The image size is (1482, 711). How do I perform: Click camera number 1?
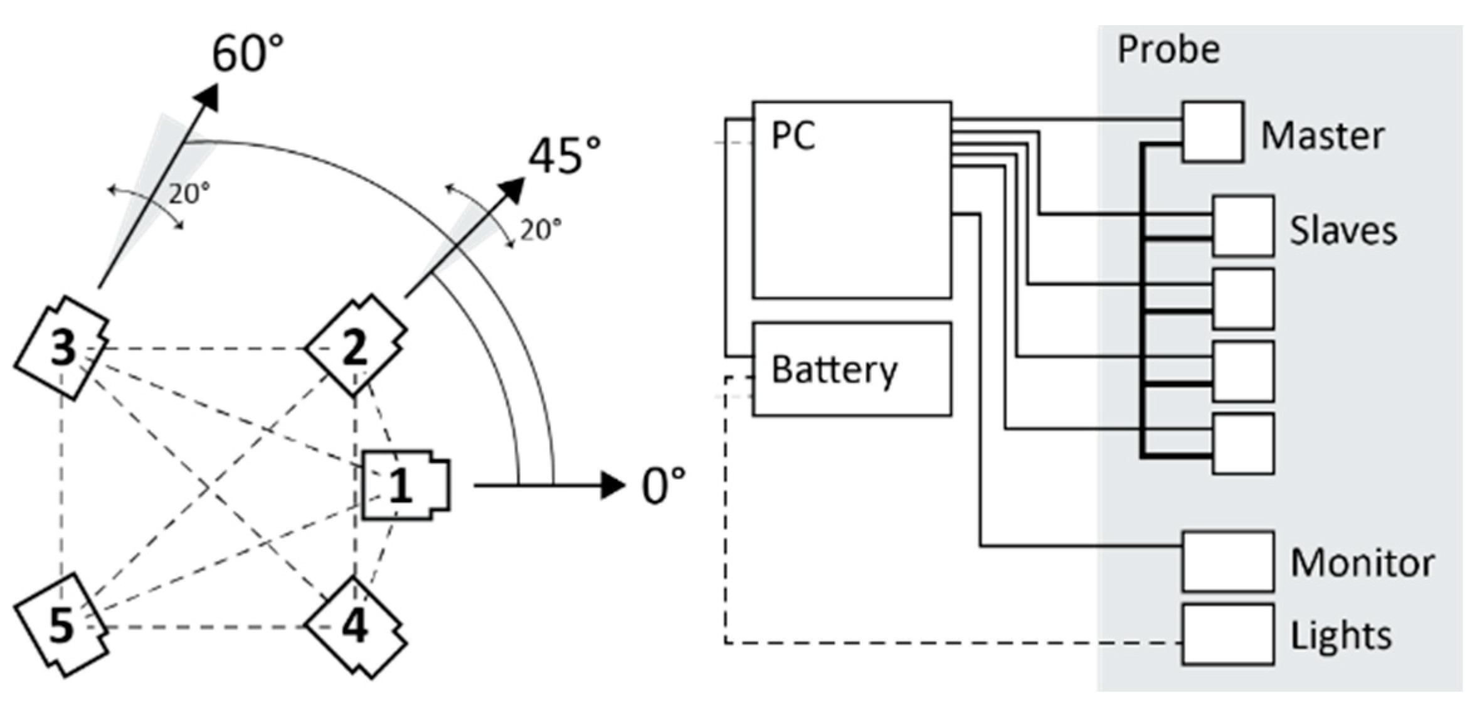coord(405,485)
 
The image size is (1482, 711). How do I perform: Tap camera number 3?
coord(62,349)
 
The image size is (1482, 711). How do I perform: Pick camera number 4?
coord(355,626)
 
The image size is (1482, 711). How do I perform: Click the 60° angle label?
coord(248,54)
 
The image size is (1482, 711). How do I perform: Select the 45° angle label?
coord(564,156)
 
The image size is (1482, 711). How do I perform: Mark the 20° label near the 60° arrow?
coord(189,194)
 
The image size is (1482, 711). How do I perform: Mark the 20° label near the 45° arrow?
coord(540,230)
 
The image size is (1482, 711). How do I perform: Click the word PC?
coord(793,136)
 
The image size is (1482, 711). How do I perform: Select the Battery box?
coord(851,369)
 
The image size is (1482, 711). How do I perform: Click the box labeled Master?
coord(1212,132)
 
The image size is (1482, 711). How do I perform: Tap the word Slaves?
coord(1343,231)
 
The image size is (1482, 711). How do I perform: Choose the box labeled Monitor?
coord(1227,561)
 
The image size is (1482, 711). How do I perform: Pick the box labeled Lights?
coord(1227,634)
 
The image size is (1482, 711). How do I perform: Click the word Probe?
coord(1168,50)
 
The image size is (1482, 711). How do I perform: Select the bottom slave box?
coord(1242,443)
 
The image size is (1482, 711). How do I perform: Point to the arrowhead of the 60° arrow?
coord(208,98)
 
